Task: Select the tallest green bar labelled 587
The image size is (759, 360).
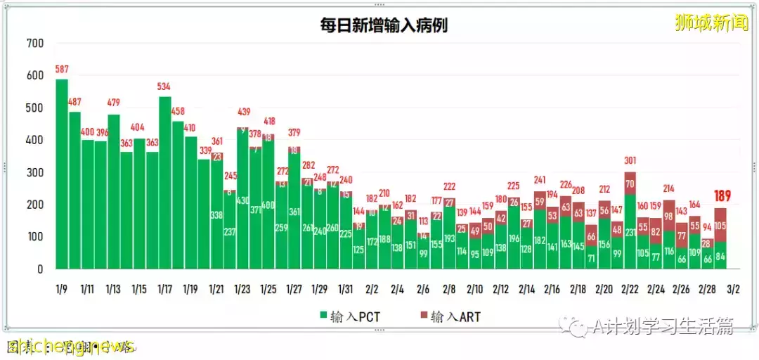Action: (x=62, y=176)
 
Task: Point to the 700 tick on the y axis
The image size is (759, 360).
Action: (x=34, y=44)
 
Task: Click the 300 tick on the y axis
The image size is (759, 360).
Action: (x=34, y=172)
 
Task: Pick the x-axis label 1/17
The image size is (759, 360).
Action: (x=165, y=289)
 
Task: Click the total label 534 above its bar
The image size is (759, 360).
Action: (x=164, y=86)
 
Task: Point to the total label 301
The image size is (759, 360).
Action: (x=630, y=160)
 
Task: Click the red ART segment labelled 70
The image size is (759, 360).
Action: (x=630, y=184)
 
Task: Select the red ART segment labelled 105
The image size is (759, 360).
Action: (x=720, y=225)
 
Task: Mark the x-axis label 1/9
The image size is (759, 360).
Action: (x=62, y=289)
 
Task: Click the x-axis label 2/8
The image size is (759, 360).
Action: (x=449, y=289)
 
